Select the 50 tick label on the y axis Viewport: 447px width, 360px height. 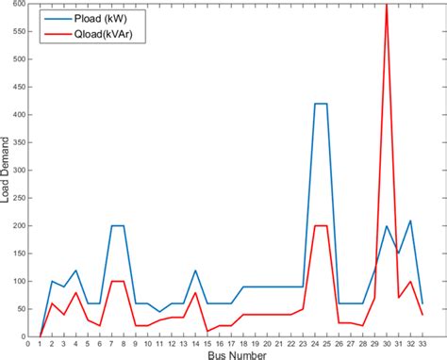pyautogui.click(x=17, y=309)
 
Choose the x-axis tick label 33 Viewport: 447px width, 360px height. pyautogui.click(x=422, y=346)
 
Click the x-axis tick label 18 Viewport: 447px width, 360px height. pyautogui.click(x=242, y=346)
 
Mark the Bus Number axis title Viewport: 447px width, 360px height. pyautogui.click(x=230, y=355)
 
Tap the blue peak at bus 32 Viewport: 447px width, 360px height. pyautogui.click(x=410, y=221)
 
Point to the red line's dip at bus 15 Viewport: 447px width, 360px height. pyautogui.click(x=207, y=331)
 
